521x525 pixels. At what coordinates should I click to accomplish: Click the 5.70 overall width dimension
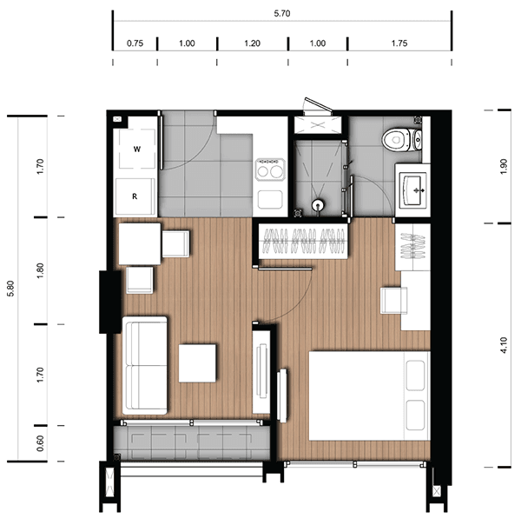(282, 14)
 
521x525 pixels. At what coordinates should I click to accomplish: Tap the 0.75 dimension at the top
(135, 43)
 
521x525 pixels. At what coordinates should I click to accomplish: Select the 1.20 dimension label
(252, 43)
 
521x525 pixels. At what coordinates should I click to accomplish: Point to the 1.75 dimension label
(399, 43)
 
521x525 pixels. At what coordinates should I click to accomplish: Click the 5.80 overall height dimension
(10, 289)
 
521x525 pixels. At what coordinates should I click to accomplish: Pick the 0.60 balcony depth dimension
(40, 443)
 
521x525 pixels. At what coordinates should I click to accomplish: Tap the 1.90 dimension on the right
(504, 166)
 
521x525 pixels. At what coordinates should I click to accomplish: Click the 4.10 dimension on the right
(504, 345)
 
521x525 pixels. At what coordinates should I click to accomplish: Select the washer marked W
(137, 149)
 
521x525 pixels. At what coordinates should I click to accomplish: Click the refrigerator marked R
(135, 196)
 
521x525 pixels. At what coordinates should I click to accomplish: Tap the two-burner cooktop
(270, 170)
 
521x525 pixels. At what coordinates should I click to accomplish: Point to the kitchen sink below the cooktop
(270, 200)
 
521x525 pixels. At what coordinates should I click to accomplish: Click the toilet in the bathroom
(402, 140)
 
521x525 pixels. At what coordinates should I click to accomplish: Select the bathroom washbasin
(415, 190)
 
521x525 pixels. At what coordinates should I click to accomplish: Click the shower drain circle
(318, 204)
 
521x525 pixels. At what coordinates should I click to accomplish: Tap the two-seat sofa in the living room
(145, 366)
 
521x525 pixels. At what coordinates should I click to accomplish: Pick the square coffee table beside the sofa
(197, 363)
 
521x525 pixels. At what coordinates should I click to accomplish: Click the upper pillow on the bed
(415, 375)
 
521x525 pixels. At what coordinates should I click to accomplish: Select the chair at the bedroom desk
(394, 301)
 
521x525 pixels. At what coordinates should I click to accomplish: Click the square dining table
(140, 243)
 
